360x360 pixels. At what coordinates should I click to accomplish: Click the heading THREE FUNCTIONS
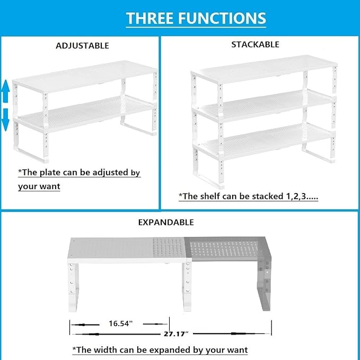(x=196, y=19)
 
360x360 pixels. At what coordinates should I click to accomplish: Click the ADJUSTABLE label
(x=83, y=46)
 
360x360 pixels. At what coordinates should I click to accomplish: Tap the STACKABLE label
(x=255, y=45)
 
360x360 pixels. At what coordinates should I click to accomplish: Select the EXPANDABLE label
(x=166, y=222)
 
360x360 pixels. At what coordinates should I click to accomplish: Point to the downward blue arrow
(x=5, y=119)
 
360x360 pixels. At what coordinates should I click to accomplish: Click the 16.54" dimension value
(x=121, y=322)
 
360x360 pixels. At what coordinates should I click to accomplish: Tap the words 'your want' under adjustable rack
(x=39, y=186)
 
